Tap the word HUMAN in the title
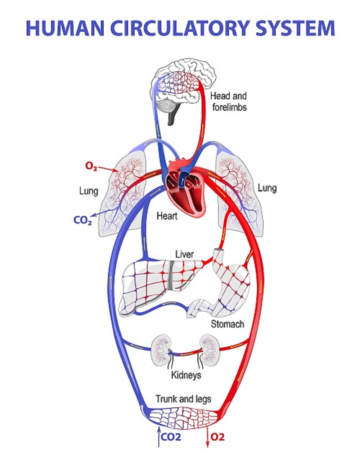[x=58, y=28]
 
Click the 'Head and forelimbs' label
[x=229, y=101]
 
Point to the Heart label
[x=167, y=216]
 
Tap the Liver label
[x=184, y=254]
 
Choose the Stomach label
[x=227, y=324]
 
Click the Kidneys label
[x=186, y=375]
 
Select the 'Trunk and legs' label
[x=183, y=399]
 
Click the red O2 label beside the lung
[x=91, y=166]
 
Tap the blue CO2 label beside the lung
[x=82, y=220]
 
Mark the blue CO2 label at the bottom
[x=171, y=437]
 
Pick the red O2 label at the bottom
[x=217, y=437]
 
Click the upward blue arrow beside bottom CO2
[x=158, y=437]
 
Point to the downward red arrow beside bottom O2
[x=208, y=437]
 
